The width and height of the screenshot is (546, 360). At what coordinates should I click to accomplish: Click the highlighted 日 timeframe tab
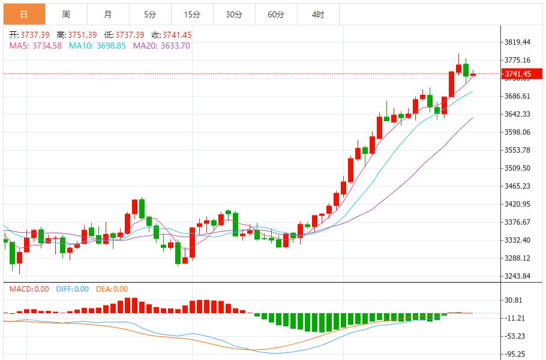[23, 14]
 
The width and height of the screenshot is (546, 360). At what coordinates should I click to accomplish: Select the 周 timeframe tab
[65, 14]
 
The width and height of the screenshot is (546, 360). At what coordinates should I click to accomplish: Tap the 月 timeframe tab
[107, 14]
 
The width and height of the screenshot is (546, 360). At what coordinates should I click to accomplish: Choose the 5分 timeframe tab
[149, 14]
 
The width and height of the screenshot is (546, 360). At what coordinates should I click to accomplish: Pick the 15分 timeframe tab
[191, 14]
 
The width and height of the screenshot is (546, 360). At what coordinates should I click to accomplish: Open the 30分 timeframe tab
[234, 14]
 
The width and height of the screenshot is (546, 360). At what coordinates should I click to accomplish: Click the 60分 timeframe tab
[276, 14]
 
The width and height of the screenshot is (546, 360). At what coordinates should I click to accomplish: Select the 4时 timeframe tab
[318, 14]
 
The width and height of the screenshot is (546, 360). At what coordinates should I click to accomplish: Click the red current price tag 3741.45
[517, 74]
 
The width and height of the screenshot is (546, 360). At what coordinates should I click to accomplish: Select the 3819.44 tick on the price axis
[517, 42]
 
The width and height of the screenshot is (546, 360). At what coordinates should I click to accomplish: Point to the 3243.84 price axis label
[517, 276]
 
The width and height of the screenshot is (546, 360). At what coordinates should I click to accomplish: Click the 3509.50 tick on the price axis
[517, 168]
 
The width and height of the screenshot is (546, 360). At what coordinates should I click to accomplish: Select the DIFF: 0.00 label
[72, 289]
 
